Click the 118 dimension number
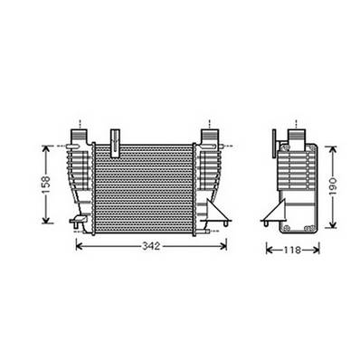291,250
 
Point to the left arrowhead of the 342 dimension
79,245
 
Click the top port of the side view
295,132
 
